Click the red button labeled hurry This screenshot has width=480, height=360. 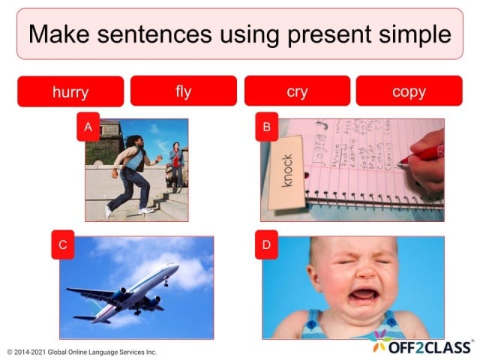70,91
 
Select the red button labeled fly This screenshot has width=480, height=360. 184,91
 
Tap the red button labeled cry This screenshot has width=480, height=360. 297,91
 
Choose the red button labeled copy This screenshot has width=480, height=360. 409,91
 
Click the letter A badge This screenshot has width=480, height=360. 88,127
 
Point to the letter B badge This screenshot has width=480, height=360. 266,127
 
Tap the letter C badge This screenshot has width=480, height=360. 63,244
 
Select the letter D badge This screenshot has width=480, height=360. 266,244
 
